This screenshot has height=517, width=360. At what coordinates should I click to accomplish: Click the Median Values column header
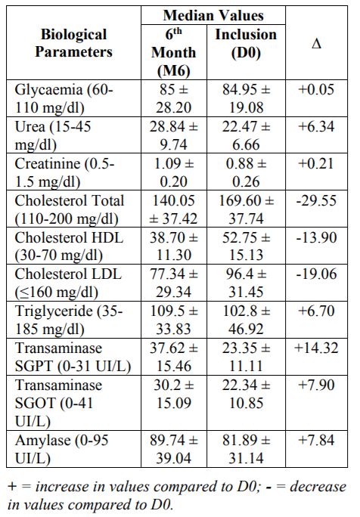[x=213, y=16]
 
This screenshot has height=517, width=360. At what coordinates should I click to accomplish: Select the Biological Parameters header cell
[x=73, y=43]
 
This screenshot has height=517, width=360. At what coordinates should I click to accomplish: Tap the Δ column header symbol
[x=316, y=43]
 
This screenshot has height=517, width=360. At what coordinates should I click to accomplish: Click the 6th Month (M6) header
[x=173, y=52]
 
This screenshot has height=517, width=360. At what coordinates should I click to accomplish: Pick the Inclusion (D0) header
[x=246, y=43]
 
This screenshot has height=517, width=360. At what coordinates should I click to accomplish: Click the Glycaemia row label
[x=64, y=98]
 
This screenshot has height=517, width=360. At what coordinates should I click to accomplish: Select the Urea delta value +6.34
[x=316, y=126]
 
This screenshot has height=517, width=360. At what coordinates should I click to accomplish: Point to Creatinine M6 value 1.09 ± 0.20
[x=173, y=172]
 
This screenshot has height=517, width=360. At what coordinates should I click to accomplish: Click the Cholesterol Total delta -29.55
[x=316, y=200]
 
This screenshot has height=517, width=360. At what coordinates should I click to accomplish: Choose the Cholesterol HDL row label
[x=69, y=246]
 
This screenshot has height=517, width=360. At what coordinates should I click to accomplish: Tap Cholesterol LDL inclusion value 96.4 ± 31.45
[x=246, y=283]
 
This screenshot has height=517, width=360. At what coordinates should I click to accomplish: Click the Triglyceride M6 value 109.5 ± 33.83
[x=173, y=320]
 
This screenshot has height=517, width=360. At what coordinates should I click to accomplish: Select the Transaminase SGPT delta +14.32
[x=316, y=348]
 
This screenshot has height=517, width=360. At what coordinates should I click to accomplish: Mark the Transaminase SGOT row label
[x=58, y=403]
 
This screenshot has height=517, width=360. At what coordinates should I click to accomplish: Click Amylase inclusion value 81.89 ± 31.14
[x=246, y=449]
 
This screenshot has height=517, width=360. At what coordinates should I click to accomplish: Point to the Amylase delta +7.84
[x=316, y=440]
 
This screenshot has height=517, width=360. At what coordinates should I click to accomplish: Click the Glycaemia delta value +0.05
[x=316, y=89]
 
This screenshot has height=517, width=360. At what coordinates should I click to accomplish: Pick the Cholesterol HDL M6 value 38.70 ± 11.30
[x=173, y=246]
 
